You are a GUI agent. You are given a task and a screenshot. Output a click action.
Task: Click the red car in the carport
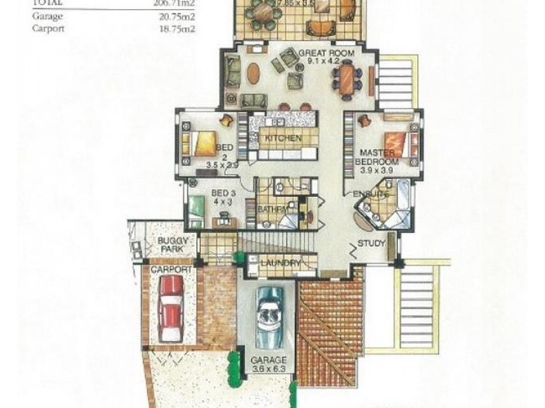pyautogui.click(x=170, y=317)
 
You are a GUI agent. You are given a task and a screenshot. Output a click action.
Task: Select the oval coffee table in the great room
pyautogui.click(x=252, y=73)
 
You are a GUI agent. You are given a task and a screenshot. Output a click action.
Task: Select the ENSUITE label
pyautogui.click(x=371, y=194)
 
